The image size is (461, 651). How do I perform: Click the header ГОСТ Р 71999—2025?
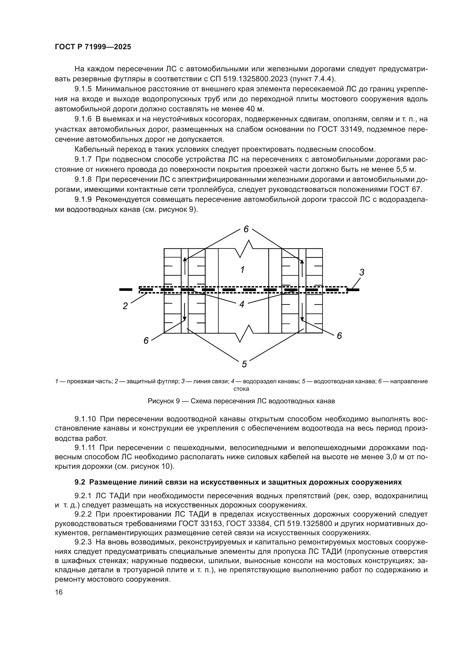coord(93,47)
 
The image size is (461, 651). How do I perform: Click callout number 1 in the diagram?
coord(242,270)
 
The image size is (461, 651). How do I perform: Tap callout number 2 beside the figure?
coord(125,306)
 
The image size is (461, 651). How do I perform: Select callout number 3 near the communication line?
coord(362,272)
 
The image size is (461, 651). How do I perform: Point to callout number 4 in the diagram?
coord(242,304)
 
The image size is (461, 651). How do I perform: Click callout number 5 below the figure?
coord(244,364)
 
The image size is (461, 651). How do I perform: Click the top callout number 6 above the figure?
coord(246,229)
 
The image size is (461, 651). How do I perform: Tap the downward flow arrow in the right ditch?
coord(302,312)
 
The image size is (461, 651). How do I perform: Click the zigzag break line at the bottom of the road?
coord(244,333)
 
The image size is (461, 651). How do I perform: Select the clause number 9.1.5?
coord(83,89)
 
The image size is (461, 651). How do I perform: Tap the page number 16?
coord(59,592)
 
